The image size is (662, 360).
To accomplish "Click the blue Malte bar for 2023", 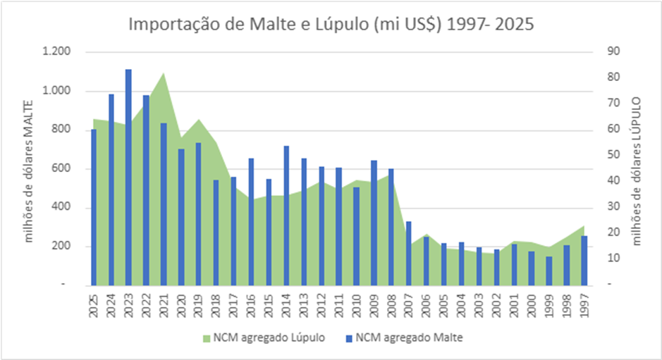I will [128, 176].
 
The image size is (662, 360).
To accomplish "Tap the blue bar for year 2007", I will [409, 253].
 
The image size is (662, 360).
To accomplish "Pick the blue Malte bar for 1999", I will [549, 271].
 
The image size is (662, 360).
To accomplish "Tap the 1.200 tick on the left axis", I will [57, 52].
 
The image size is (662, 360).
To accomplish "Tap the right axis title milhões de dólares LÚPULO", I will [637, 169].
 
